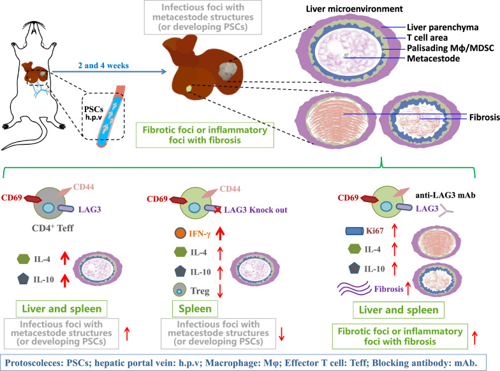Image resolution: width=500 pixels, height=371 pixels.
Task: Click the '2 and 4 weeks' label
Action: click(103, 65)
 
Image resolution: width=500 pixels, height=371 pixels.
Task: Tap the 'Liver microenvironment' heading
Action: click(355, 9)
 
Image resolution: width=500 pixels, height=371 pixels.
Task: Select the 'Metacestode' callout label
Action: click(434, 59)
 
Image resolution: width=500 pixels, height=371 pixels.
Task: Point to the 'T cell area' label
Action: click(427, 38)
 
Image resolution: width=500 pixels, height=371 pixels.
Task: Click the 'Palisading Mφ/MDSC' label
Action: click(450, 48)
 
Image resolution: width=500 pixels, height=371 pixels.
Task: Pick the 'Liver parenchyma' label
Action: click(443, 27)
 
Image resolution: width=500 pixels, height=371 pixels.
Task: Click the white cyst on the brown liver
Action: click(228, 71)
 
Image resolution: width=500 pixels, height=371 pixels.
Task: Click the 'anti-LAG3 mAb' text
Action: click(445, 195)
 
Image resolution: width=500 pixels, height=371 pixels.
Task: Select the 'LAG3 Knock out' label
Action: click(255, 210)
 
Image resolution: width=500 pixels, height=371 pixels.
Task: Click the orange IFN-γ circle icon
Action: click(180, 233)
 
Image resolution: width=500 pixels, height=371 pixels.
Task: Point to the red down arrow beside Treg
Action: click(219, 291)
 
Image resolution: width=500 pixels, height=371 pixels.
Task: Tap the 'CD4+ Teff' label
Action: click(52, 228)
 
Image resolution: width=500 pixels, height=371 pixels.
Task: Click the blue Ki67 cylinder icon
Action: click(355, 231)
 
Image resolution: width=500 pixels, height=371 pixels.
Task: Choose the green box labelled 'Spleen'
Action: click(195, 309)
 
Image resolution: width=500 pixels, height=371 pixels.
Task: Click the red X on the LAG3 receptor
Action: click(217, 209)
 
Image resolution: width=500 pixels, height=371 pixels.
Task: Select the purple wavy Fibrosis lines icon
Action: click(355, 288)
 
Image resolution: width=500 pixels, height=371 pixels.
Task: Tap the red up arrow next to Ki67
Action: click(394, 231)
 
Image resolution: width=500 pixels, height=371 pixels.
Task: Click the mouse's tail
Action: click(38, 135)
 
